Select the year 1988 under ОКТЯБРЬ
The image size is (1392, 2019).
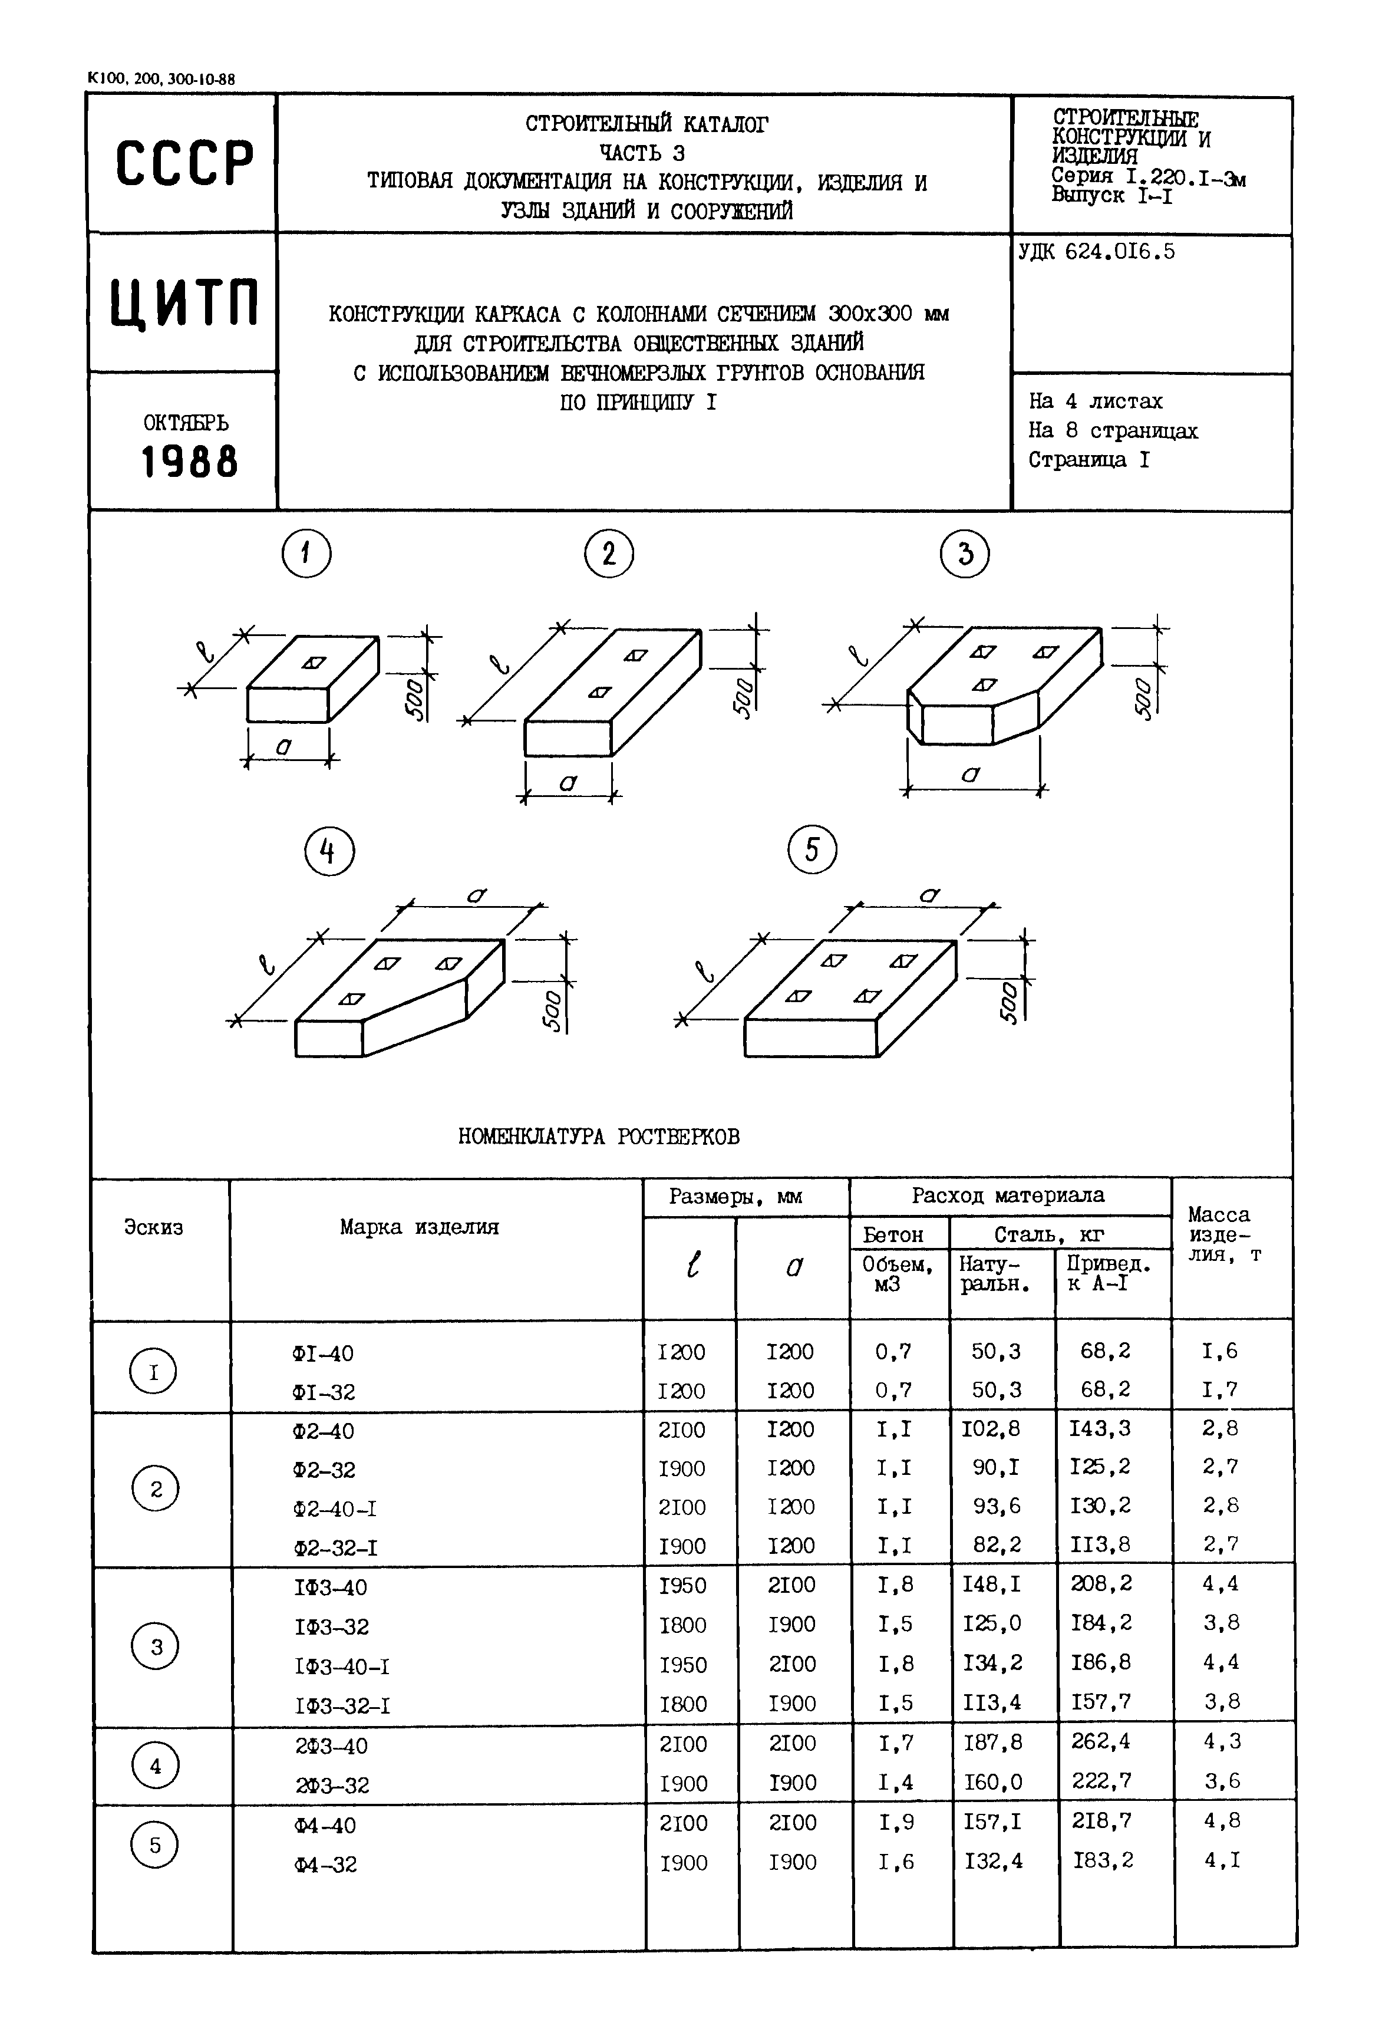(x=189, y=462)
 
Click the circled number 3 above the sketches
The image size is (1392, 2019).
(x=965, y=554)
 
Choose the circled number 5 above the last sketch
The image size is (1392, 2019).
(x=811, y=850)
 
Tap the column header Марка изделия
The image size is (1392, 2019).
(x=420, y=1228)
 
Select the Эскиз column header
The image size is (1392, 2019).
(x=153, y=1228)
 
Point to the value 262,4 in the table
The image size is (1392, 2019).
(x=1101, y=1741)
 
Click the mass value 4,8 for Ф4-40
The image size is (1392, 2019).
(x=1221, y=1821)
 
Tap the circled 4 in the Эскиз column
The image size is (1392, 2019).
(x=155, y=1767)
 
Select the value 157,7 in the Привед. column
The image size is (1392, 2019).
(x=1101, y=1702)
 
